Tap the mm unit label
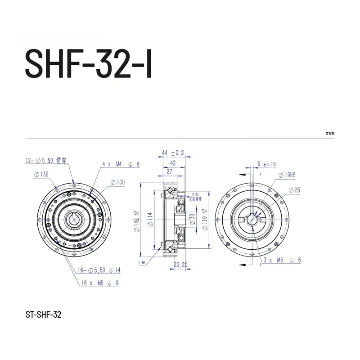click(x=330, y=134)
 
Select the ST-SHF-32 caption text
click(x=44, y=315)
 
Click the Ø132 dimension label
click(x=41, y=174)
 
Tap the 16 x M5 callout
click(x=100, y=283)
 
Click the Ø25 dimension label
click(x=293, y=190)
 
